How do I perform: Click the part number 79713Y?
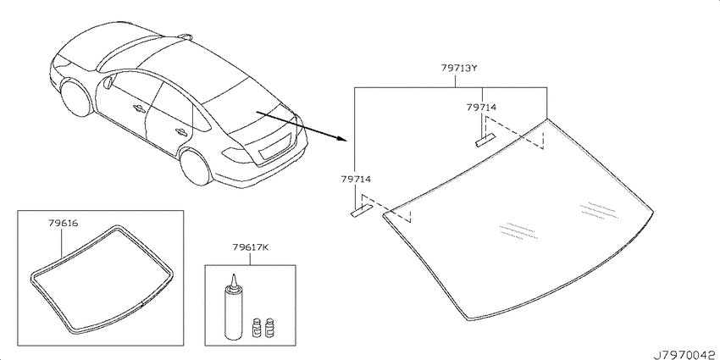[x=460, y=69]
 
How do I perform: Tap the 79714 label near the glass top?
[x=481, y=108]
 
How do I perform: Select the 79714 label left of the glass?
[x=356, y=179]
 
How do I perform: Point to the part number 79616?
[x=63, y=224]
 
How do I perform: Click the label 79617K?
[x=250, y=248]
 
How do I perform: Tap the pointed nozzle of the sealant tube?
[x=233, y=280]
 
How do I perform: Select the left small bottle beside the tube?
[x=257, y=328]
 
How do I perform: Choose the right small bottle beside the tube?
[x=269, y=328]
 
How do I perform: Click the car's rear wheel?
[x=196, y=165]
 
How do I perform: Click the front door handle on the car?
[x=138, y=108]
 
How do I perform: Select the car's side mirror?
[x=108, y=84]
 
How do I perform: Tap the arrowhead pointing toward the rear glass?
[x=340, y=138]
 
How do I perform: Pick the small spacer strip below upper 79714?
[x=486, y=140]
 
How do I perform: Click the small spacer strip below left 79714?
[x=363, y=211]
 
